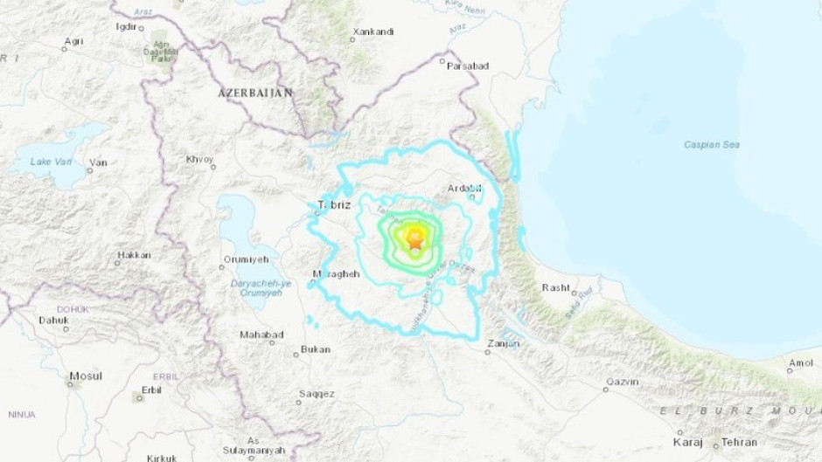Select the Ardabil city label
click(x=464, y=187)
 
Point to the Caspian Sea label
click(x=711, y=144)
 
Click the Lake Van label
click(x=45, y=162)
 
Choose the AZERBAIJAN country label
click(x=255, y=92)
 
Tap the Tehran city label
click(x=739, y=442)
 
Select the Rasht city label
click(x=556, y=287)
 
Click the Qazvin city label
click(x=622, y=382)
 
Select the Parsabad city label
click(x=468, y=66)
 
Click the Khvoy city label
click(x=199, y=159)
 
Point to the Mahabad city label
click(x=261, y=334)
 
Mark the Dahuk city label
click(x=53, y=319)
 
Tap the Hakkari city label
click(x=134, y=255)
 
